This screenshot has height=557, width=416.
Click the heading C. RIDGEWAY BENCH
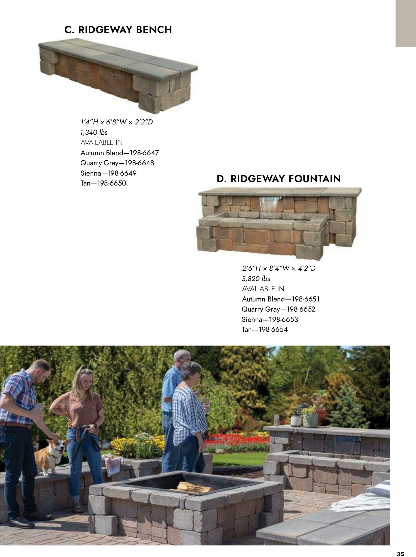coord(118,30)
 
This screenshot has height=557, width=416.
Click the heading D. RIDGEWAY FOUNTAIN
coord(279,179)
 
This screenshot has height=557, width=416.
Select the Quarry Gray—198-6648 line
coord(117,163)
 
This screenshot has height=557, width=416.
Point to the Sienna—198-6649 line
coord(108,173)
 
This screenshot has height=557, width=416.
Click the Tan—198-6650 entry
coord(103,183)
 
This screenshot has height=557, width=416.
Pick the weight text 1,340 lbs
coord(94,132)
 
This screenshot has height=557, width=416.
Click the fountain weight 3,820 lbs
coord(256,279)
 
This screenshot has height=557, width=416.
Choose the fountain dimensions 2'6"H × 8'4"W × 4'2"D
coord(279,268)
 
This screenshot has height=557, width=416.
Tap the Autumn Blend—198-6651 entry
coord(281,299)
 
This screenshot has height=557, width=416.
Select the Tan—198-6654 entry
coord(265,330)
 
